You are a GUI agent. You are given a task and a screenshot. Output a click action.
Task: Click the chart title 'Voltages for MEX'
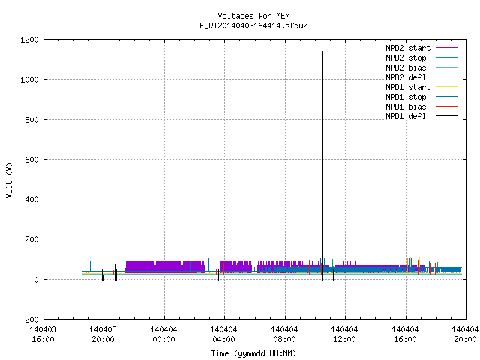point(253,16)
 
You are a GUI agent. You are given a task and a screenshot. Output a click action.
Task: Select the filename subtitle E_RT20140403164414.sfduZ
point(253,25)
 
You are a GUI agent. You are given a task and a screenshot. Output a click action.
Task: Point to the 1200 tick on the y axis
point(29,40)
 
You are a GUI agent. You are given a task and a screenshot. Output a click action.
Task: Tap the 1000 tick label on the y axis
point(29,79)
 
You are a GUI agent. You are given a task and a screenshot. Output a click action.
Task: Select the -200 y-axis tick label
point(29,319)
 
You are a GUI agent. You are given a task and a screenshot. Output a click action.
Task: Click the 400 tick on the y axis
point(31,199)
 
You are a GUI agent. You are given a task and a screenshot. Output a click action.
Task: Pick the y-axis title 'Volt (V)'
point(9,181)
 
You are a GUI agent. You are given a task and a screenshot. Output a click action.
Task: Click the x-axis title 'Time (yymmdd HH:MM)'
point(253,353)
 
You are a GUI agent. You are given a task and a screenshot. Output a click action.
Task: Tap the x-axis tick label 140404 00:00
point(163,334)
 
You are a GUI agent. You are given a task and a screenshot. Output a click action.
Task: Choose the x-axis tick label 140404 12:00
point(345,334)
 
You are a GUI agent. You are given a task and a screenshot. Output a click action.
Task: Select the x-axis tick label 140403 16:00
point(43,334)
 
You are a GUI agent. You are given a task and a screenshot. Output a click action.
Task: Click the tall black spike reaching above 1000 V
point(322,166)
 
